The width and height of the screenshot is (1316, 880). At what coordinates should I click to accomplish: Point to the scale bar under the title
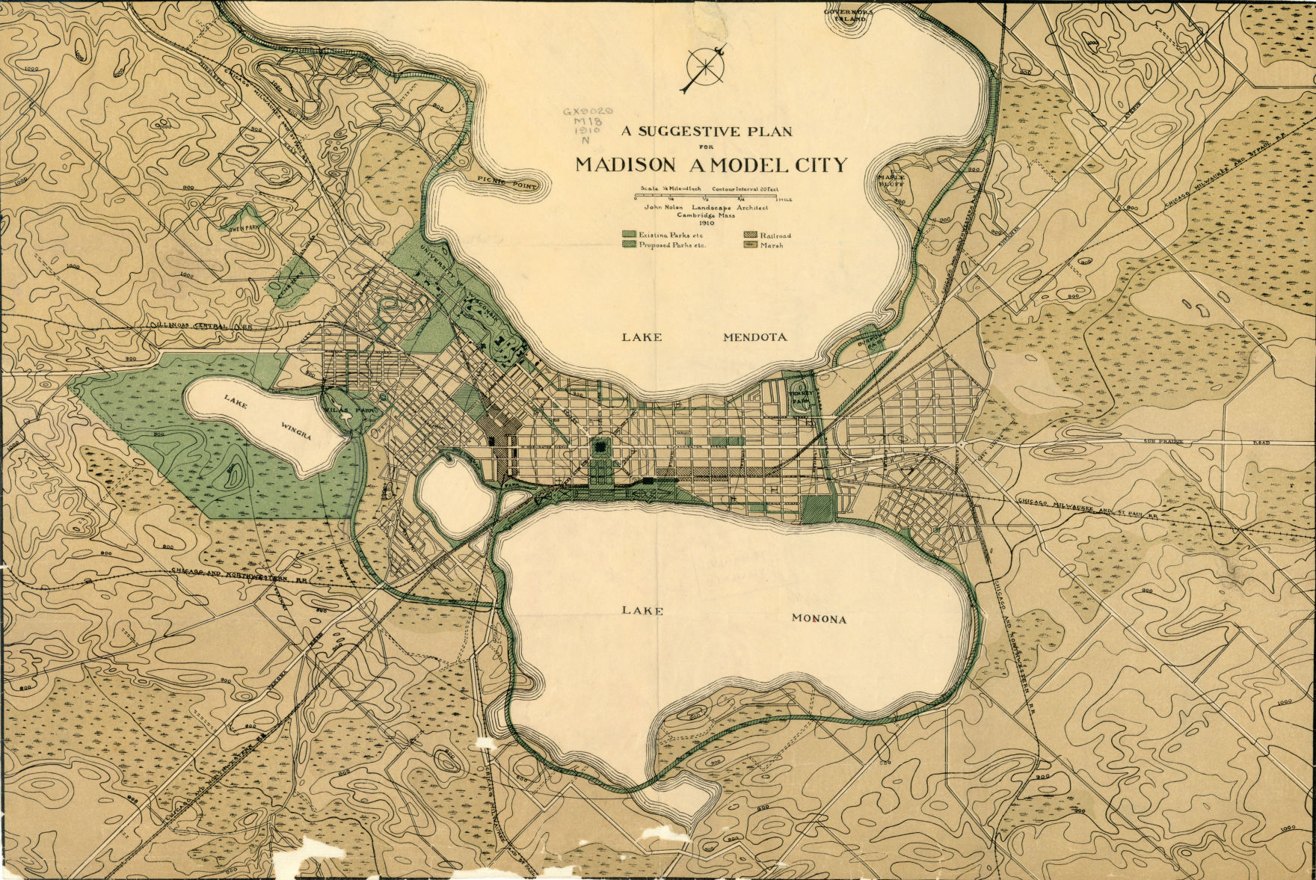(x=713, y=197)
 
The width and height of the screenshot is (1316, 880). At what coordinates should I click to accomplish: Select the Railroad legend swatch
(x=750, y=235)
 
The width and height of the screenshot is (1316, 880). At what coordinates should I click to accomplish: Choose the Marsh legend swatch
(x=750, y=244)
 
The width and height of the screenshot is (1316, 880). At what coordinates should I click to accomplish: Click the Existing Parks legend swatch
(x=629, y=235)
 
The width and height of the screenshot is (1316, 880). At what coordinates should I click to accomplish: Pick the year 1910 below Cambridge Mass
(x=707, y=223)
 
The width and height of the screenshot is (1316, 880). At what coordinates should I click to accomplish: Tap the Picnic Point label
(x=507, y=182)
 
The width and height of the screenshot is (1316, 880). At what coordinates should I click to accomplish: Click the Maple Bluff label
(x=891, y=181)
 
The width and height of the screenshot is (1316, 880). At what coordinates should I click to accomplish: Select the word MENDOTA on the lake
(x=754, y=337)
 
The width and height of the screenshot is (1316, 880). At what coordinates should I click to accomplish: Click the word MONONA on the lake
(x=819, y=619)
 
